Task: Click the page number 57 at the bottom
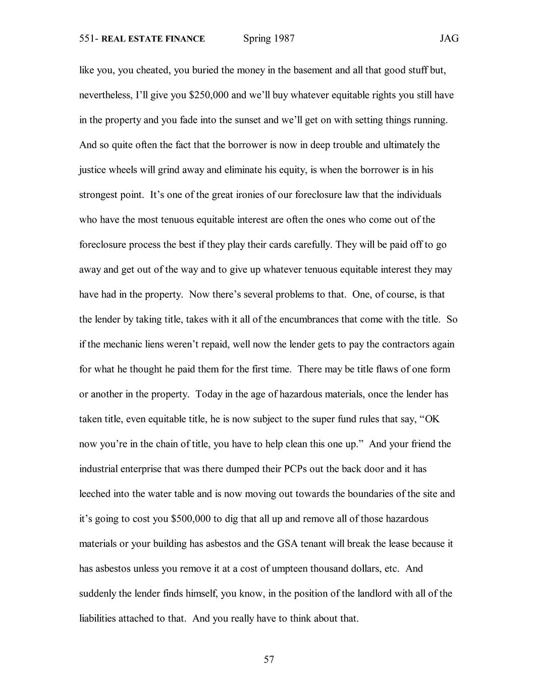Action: pos(268,659)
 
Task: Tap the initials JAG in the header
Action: pos(449,38)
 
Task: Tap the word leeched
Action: pos(95,493)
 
